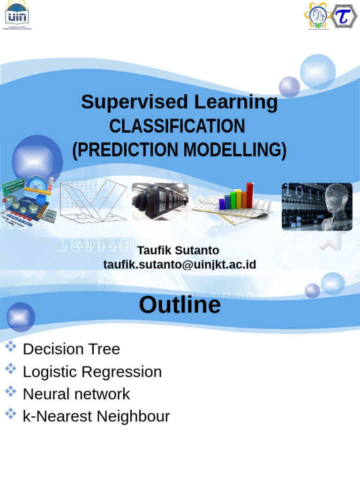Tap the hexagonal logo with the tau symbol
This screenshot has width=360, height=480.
pyautogui.click(x=345, y=16)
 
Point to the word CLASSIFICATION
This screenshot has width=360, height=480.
pyautogui.click(x=177, y=126)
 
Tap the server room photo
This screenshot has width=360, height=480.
pyautogui.click(x=160, y=202)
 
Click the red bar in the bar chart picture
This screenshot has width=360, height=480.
pyautogui.click(x=250, y=195)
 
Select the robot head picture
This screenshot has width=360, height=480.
pyautogui.click(x=317, y=207)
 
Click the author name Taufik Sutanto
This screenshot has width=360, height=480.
pyautogui.click(x=178, y=250)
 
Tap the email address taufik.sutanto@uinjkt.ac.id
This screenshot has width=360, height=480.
pyautogui.click(x=180, y=264)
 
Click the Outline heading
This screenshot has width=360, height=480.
pyautogui.click(x=180, y=305)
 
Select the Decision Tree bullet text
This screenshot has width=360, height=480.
pyautogui.click(x=71, y=349)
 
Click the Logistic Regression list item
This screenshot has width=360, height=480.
pyautogui.click(x=92, y=372)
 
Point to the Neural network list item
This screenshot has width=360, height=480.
pyautogui.click(x=76, y=394)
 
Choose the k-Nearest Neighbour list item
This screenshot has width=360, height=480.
pyautogui.click(x=96, y=416)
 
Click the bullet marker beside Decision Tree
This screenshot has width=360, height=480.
pyautogui.click(x=11, y=347)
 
